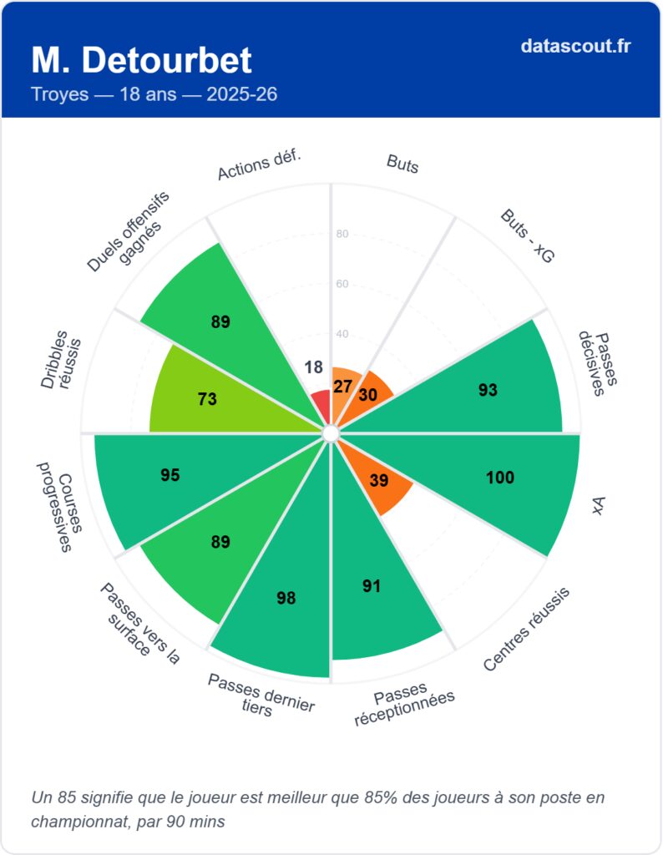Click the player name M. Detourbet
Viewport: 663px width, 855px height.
141,60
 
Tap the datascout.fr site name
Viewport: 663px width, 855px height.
575,46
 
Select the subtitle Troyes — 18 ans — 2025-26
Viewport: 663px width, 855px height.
154,94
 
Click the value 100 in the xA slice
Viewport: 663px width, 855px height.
500,477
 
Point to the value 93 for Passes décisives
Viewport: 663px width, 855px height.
488,389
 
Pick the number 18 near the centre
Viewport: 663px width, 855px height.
313,367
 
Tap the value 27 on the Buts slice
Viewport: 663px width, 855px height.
342,387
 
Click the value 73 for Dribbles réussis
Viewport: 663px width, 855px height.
207,399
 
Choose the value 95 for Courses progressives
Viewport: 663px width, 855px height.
170,475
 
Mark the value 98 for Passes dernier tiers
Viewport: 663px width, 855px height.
286,598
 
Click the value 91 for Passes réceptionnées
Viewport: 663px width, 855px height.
372,585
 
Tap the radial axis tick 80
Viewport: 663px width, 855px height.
342,234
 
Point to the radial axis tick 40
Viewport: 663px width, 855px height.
342,334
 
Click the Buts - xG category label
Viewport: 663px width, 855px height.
527,235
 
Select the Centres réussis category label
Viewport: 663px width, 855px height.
526,629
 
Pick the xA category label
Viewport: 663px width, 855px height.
598,505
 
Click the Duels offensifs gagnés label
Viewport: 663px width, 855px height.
130,231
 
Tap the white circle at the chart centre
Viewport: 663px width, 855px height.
331,433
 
